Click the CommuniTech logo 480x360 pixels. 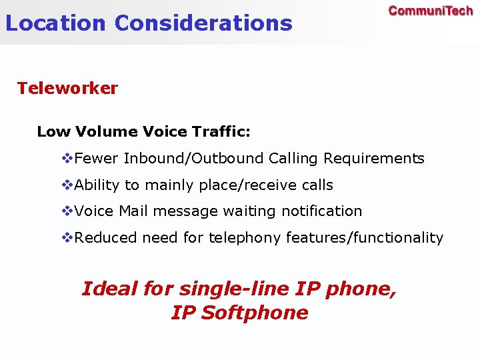431,11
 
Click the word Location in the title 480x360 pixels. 55,23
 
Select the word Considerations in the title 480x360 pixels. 203,23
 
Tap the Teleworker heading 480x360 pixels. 67,88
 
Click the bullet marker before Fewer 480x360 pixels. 67,159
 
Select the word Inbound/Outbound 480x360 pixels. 194,159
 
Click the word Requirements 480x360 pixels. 374,159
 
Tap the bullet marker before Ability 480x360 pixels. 67,185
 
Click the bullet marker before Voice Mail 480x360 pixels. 67,211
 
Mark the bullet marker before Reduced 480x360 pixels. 67,238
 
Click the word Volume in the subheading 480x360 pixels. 107,131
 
